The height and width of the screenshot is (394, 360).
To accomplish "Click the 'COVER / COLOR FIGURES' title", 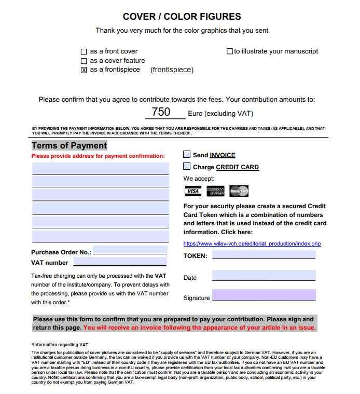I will coord(182,17).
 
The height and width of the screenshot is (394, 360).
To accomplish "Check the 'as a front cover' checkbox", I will coord(84,52).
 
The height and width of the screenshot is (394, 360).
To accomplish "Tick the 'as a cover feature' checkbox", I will coord(84,61).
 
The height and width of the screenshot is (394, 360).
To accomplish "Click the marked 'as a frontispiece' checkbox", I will coord(84,71).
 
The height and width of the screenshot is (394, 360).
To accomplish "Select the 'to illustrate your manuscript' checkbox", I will coord(230,51).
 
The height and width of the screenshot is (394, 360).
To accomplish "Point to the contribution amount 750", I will coord(161,112).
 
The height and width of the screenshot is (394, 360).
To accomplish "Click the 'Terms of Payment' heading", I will coord(70,146).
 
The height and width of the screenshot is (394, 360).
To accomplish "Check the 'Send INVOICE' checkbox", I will coord(187,154).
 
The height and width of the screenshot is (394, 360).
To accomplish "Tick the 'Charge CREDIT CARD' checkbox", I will coord(187,167).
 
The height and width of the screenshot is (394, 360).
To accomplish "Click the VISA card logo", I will coord(193,191).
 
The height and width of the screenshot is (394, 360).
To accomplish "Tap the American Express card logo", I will coord(215,191).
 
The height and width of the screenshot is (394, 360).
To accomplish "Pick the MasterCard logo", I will coord(239,191).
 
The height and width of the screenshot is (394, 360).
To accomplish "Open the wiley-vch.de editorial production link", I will coord(252,243).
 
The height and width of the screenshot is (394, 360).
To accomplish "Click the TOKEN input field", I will coord(264,255).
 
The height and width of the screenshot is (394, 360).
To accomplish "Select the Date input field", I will coord(264,276).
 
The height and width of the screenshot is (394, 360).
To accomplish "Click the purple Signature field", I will coord(264,295).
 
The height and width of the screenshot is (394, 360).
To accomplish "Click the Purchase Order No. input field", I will coord(130,251).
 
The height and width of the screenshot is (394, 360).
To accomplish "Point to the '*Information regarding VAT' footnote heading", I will coord(60,345).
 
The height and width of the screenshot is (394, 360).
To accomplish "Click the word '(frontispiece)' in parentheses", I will coord(172,70).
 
